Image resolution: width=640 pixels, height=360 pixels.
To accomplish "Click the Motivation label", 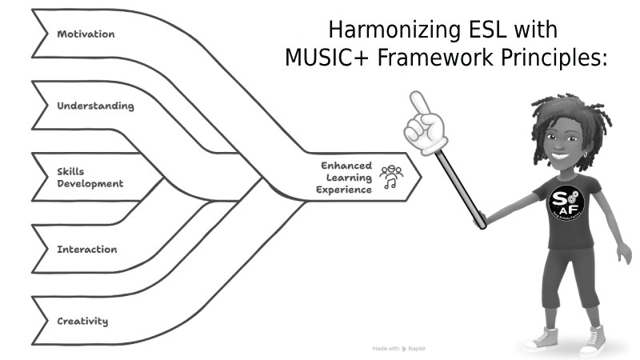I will click(86, 34).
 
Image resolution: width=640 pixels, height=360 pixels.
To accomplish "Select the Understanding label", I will click(95, 106).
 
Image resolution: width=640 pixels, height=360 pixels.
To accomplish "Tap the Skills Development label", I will click(90, 178).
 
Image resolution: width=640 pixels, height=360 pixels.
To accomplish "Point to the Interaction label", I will click(86, 250).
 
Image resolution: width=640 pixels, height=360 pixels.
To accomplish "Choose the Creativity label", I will click(82, 322).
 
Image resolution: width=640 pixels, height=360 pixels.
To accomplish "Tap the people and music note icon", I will click(391, 178).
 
